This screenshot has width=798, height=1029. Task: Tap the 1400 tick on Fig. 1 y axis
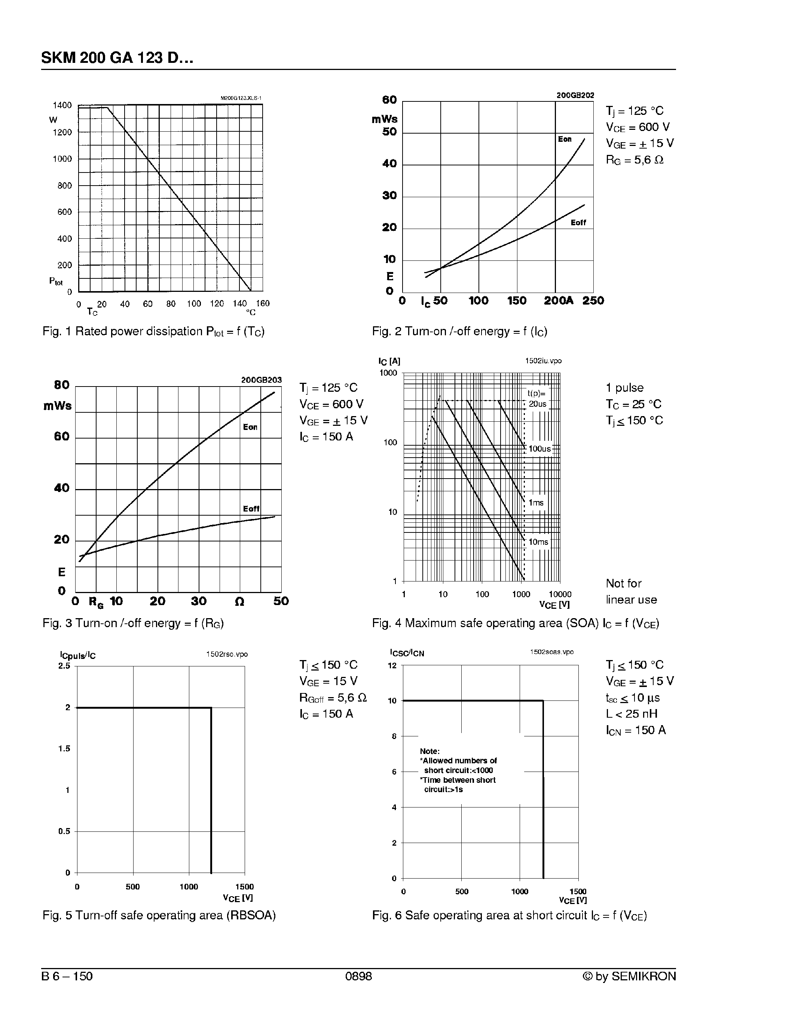62,105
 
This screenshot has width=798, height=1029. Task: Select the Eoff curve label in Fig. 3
251,509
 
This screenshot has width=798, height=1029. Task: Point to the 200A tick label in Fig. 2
558,300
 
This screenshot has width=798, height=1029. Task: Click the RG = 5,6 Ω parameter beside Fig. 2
635,160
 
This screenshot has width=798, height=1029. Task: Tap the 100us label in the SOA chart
539,449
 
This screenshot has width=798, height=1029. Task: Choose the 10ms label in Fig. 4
538,542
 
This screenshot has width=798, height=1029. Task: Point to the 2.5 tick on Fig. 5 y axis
64,666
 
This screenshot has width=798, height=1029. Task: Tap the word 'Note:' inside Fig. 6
429,751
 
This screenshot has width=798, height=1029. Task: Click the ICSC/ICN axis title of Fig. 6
407,653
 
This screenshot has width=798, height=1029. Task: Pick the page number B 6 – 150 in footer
67,976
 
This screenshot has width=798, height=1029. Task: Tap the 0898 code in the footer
358,976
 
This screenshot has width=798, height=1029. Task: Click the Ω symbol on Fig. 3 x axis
239,602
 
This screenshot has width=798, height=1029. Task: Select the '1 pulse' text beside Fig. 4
624,388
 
